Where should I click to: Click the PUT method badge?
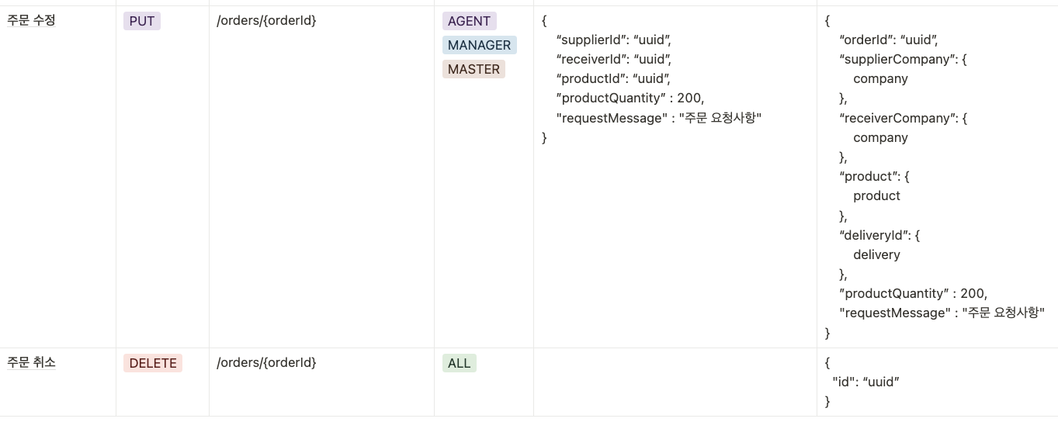[x=142, y=22]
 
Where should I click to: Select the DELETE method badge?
[x=153, y=363]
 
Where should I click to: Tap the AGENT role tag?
[x=469, y=22]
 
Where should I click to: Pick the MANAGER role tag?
[x=479, y=45]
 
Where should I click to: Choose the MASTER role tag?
[x=473, y=69]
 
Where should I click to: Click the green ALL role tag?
[x=459, y=363]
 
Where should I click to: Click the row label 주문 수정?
[x=31, y=21]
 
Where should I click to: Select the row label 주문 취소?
[x=31, y=362]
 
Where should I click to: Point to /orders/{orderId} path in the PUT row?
[x=266, y=21]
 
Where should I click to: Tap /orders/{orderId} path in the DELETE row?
[x=266, y=362]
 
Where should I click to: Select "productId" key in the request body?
[x=591, y=78]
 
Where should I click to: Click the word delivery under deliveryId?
[x=876, y=254]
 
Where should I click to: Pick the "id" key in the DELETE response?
[x=841, y=382]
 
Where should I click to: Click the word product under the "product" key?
[x=876, y=195]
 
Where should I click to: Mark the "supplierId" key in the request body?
[x=591, y=40]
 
